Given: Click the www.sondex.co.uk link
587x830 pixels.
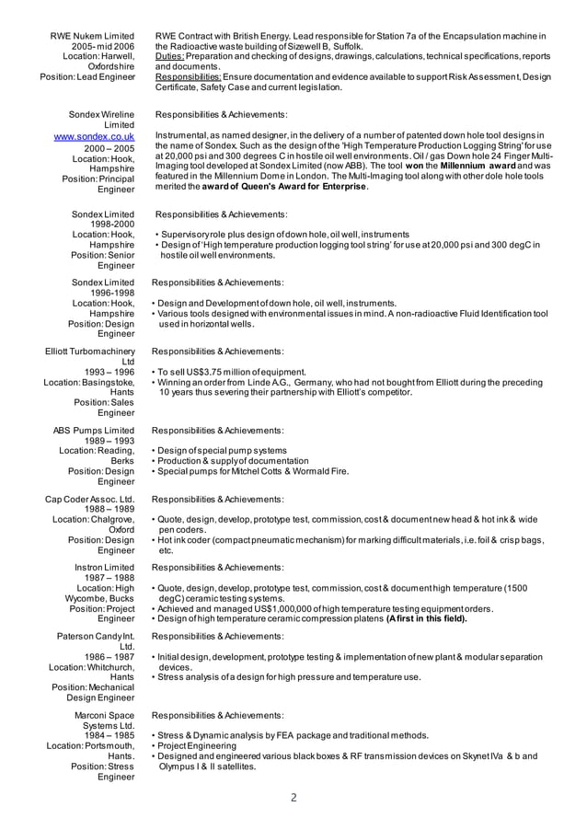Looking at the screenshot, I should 95,137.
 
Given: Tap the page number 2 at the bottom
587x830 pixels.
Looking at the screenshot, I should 293,797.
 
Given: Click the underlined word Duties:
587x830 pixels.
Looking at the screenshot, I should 171,56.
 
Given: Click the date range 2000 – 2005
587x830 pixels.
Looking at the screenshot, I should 109,148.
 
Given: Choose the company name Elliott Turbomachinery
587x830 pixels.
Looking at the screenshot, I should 90,351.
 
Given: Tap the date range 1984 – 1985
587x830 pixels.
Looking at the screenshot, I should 109,735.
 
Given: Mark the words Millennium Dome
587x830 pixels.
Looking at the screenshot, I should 261,176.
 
